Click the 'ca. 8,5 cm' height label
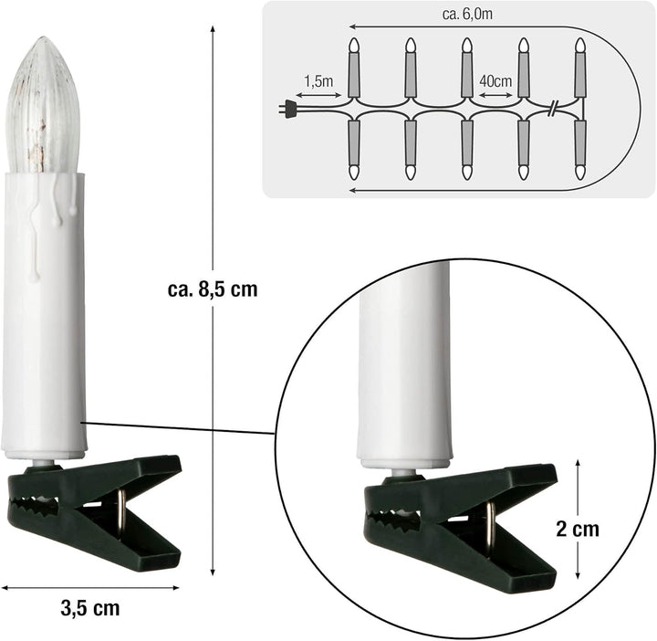[213, 289]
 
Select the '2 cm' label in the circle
[577, 529]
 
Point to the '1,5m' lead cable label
[318, 80]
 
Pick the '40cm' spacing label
[495, 80]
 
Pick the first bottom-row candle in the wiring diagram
[355, 151]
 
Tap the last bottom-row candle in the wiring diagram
[580, 151]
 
